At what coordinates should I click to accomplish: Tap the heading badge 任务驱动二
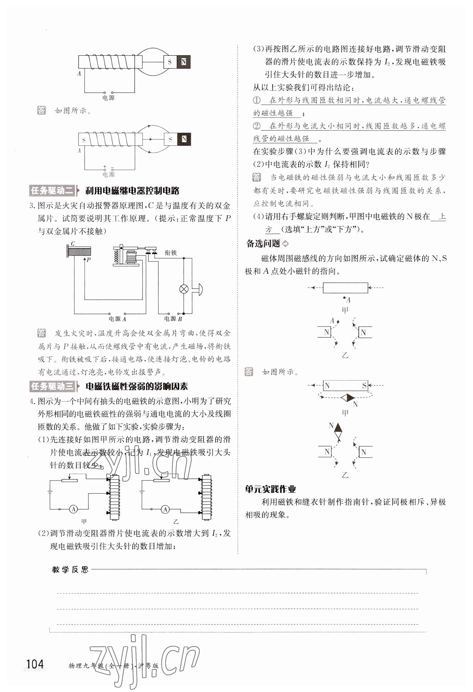[52, 190]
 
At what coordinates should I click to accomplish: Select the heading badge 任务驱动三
[52, 386]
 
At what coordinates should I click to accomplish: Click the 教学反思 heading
[70, 570]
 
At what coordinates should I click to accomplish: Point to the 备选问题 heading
[263, 244]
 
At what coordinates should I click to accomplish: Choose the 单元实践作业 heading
[270, 489]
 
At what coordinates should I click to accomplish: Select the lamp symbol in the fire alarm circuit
[183, 289]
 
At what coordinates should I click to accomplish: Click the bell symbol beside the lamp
[198, 289]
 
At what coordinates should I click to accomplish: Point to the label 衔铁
[171, 253]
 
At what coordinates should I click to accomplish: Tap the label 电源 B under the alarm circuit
[173, 319]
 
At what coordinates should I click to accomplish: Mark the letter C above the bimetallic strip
[73, 244]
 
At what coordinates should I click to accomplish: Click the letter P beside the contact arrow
[89, 259]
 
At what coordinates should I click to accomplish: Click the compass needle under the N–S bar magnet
[347, 398]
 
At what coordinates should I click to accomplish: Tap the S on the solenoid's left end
[84, 140]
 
